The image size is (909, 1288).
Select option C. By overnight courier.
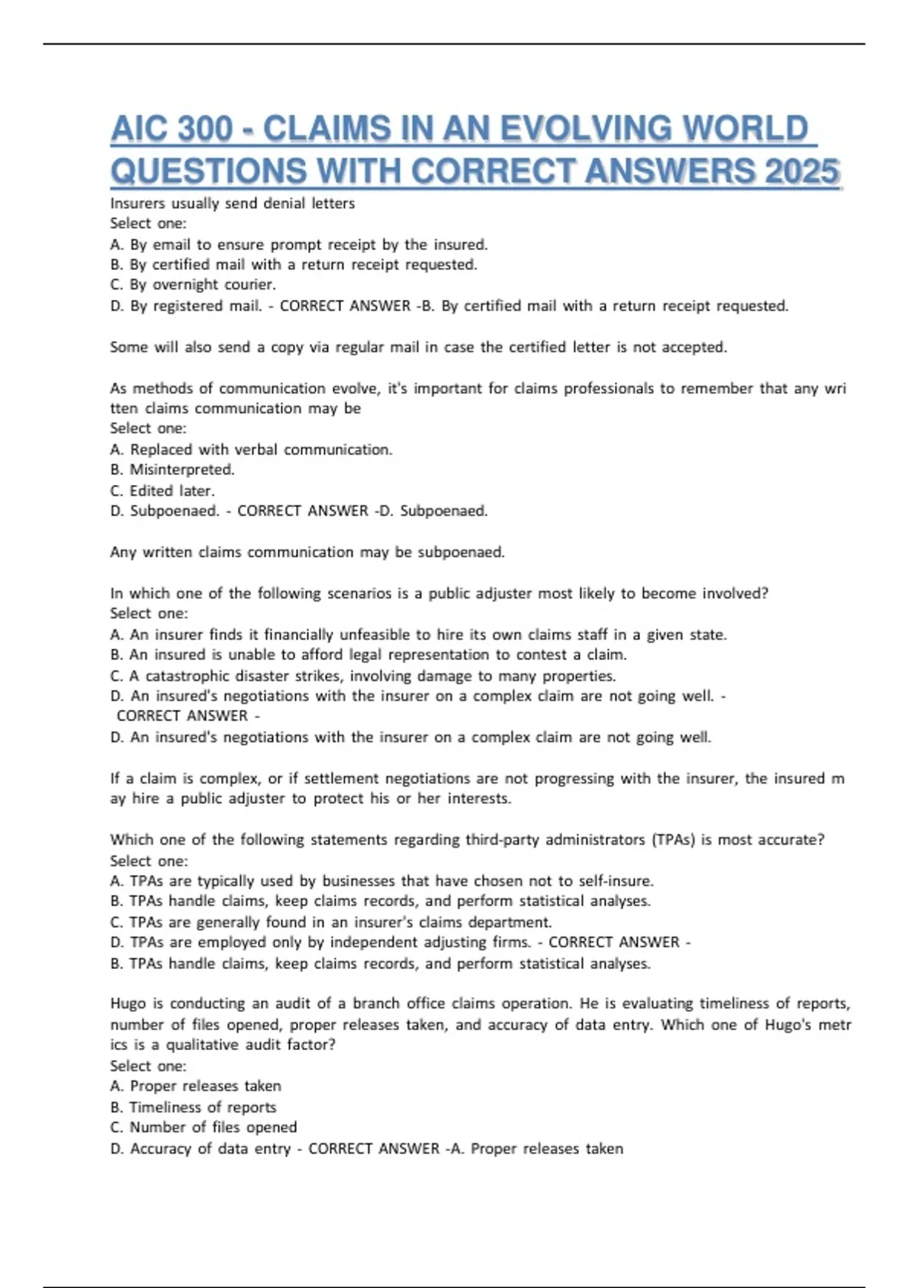(193, 285)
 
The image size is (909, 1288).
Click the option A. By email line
(298, 245)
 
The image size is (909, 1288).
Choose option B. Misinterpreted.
(173, 470)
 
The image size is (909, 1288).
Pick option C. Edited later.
(162, 491)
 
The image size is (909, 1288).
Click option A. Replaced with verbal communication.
(251, 449)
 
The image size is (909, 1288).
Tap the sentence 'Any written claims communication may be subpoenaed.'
(307, 552)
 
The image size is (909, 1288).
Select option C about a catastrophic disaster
(363, 676)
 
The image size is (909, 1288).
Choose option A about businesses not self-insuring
(382, 881)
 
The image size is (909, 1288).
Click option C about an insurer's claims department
(331, 922)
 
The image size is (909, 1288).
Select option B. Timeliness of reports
(193, 1107)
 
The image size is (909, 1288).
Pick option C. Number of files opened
(203, 1127)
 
